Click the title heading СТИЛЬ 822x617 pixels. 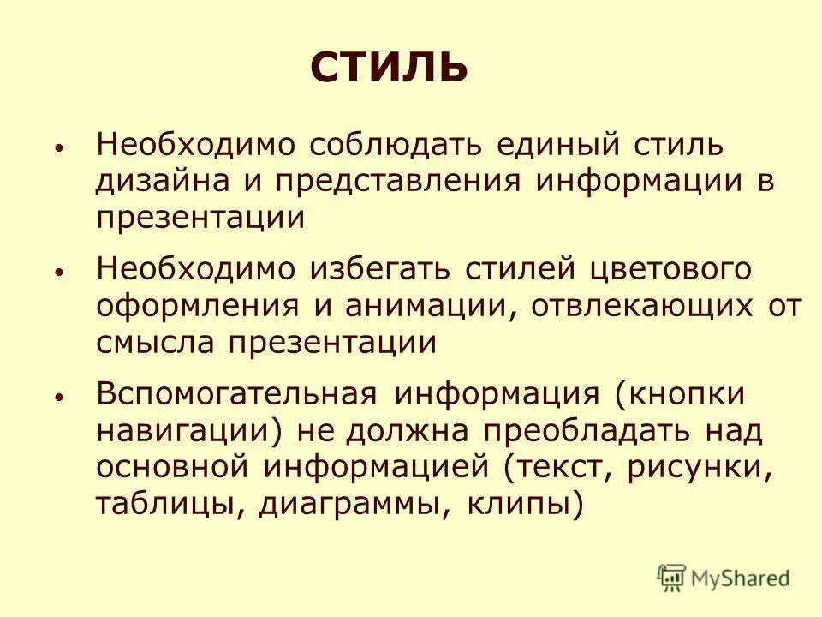pyautogui.click(x=389, y=66)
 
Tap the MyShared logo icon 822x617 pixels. pyautogui.click(x=671, y=578)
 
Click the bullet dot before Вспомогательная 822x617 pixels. pyautogui.click(x=58, y=398)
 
